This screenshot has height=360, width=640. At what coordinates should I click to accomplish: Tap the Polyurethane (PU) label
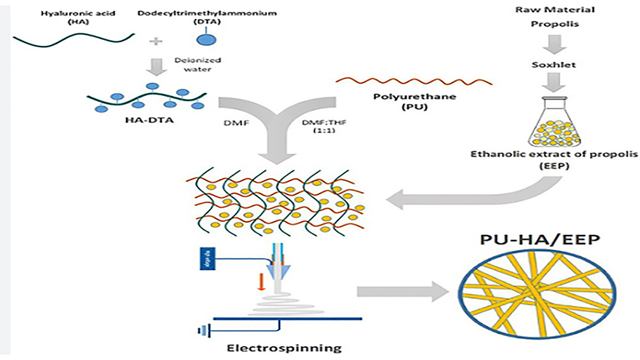click(x=417, y=103)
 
